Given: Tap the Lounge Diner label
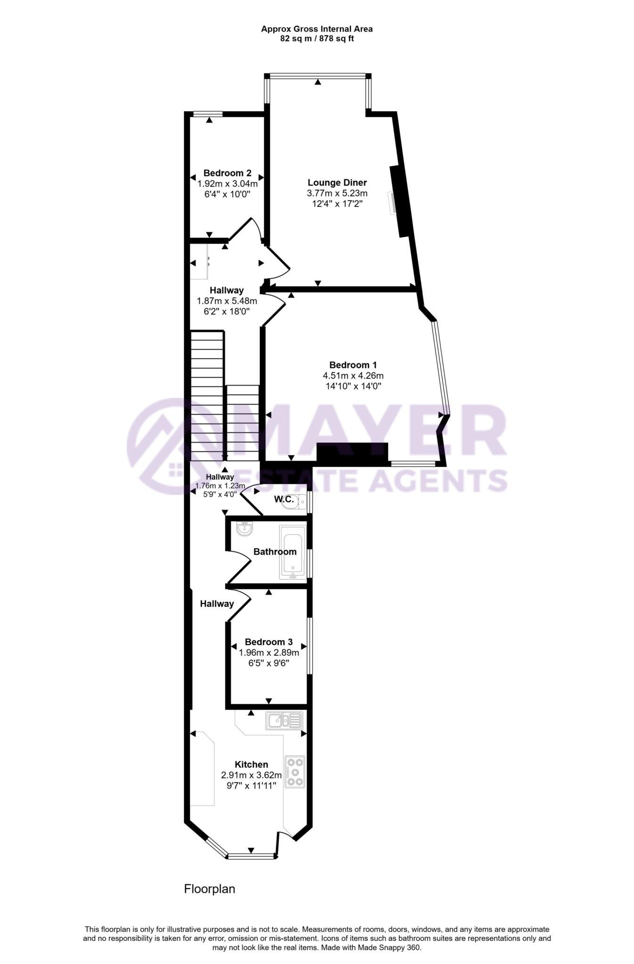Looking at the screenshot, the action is pyautogui.click(x=337, y=183).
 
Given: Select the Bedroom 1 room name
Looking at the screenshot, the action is pyautogui.click(x=353, y=365).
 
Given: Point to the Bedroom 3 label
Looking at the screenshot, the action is pyautogui.click(x=268, y=642).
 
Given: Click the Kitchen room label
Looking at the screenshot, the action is pyautogui.click(x=252, y=764).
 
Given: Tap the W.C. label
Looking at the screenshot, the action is pyautogui.click(x=284, y=499).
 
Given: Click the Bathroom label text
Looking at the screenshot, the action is pyautogui.click(x=275, y=552).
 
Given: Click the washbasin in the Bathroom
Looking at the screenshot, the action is pyautogui.click(x=245, y=529).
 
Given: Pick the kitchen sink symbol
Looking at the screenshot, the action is pyautogui.click(x=284, y=720).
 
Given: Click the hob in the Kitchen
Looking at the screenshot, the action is pyautogui.click(x=295, y=772).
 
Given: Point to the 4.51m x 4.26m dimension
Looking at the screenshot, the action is pyautogui.click(x=353, y=376).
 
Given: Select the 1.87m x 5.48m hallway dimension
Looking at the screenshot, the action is pyautogui.click(x=227, y=301).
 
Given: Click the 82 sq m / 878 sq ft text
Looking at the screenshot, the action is pyautogui.click(x=317, y=39).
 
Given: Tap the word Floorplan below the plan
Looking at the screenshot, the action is pyautogui.click(x=210, y=889).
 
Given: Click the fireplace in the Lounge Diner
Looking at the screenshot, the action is pyautogui.click(x=399, y=201).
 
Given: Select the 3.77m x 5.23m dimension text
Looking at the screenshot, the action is pyautogui.click(x=337, y=193).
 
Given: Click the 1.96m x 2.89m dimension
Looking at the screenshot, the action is pyautogui.click(x=269, y=653).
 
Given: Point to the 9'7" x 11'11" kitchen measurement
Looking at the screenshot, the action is pyautogui.click(x=252, y=785).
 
